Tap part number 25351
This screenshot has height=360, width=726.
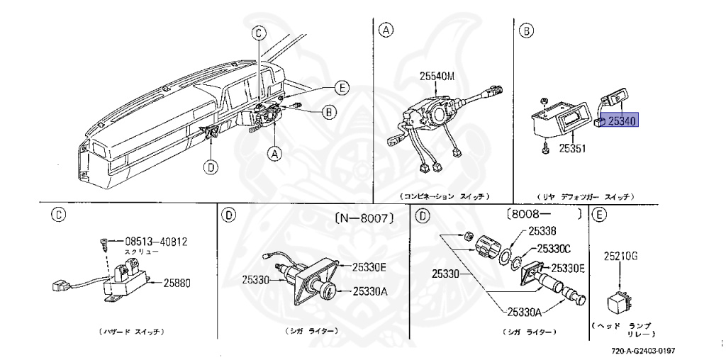[x=573, y=148]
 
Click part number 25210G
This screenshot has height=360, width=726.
[x=621, y=256]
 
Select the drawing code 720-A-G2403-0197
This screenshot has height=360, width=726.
[x=644, y=350]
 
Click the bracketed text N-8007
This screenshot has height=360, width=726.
[x=363, y=218]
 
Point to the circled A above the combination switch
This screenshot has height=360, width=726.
[x=385, y=30]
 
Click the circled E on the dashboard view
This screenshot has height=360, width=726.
[x=342, y=88]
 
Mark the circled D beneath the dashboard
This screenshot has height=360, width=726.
[x=211, y=167]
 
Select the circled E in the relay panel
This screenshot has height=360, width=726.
[x=599, y=214]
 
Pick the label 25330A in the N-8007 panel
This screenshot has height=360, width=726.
[x=369, y=291]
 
